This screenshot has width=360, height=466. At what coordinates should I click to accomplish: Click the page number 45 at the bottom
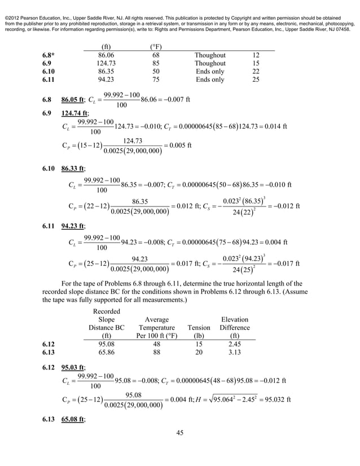point(180,433)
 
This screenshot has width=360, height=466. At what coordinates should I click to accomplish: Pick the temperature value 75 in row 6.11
point(156,80)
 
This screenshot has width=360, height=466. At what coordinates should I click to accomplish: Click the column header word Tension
point(198,327)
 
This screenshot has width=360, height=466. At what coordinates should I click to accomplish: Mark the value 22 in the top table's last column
point(256,72)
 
